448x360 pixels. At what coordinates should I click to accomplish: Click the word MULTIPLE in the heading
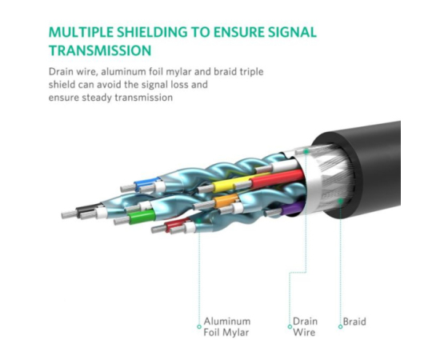pyautogui.click(x=81, y=32)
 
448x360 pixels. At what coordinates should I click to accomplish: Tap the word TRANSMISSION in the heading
pyautogui.click(x=100, y=50)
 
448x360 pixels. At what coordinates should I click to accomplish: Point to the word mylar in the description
pyautogui.click(x=178, y=72)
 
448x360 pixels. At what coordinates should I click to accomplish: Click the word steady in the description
pyautogui.click(x=97, y=98)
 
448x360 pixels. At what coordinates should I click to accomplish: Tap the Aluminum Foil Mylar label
pyautogui.click(x=227, y=327)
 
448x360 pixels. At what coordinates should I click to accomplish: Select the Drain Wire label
pyautogui.click(x=305, y=327)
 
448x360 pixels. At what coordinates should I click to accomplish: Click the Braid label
pyautogui.click(x=354, y=322)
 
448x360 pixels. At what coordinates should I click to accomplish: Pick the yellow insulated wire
pyautogui.click(x=231, y=183)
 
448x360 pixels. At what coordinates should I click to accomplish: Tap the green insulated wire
pyautogui.click(x=142, y=216)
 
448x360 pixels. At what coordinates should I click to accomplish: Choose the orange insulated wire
pyautogui.click(x=226, y=200)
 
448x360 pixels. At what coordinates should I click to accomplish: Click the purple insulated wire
pyautogui.click(x=292, y=208)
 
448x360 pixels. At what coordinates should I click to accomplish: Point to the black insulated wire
pyautogui.click(x=89, y=209)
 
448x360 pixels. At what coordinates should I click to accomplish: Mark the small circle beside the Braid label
pyautogui.click(x=340, y=326)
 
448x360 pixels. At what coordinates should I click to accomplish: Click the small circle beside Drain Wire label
pyautogui.click(x=290, y=326)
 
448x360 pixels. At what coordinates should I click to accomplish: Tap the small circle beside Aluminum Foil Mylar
pyautogui.click(x=199, y=326)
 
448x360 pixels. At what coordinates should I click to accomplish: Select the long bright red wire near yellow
pyautogui.click(x=277, y=178)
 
